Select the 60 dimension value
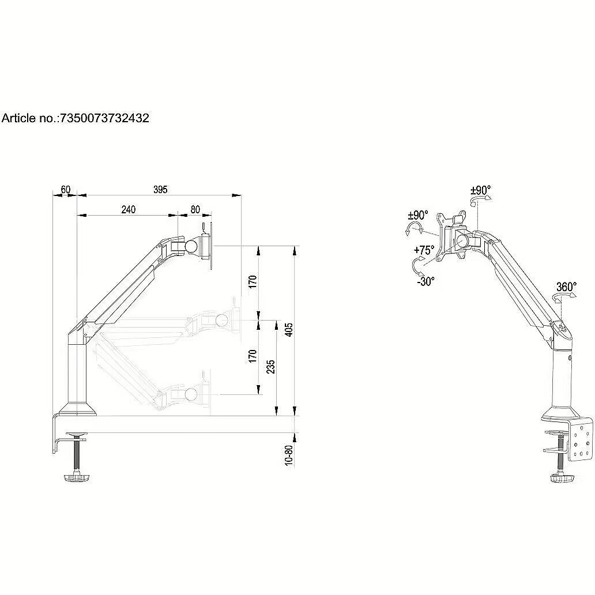pos(66,189)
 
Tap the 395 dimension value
pos(160,189)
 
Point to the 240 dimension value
pos(128,209)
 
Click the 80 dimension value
pos(195,209)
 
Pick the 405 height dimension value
pos(289,330)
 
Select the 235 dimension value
pos(270,367)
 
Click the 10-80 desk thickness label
pos(289,455)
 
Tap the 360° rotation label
pos(566,287)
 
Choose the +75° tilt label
pos(424,250)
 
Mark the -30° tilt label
pos(425,281)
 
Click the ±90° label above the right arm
pos(480,190)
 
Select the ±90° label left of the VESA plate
pos(418,215)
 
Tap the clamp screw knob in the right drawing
pos(560,477)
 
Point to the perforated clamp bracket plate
pos(580,439)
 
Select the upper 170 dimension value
pos(253,281)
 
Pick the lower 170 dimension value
pos(253,356)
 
